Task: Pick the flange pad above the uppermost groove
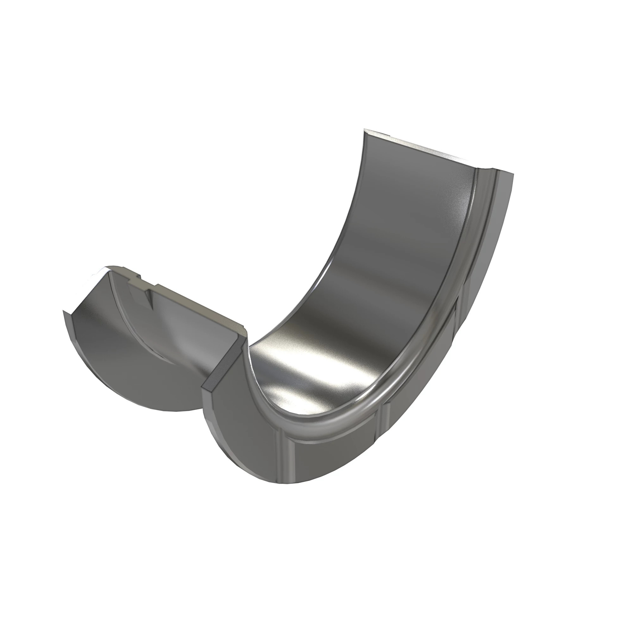[x=488, y=236]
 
